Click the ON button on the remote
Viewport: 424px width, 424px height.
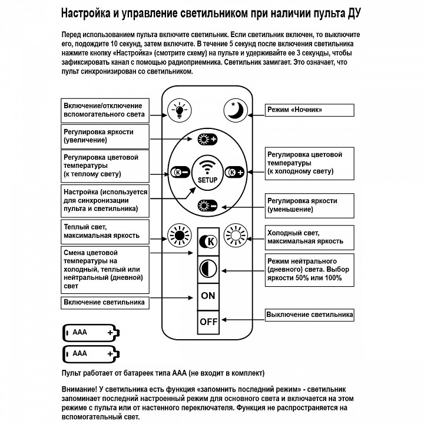(x=208, y=295)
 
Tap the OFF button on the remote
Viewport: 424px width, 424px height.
(x=208, y=322)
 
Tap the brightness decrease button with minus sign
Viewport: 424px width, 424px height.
(x=207, y=205)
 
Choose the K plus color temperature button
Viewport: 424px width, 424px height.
(x=235, y=173)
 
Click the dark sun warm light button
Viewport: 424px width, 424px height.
(x=178, y=235)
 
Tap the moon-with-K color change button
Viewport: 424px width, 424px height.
(x=208, y=241)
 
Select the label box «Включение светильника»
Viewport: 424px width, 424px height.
(x=104, y=303)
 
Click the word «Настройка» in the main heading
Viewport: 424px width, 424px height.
(x=90, y=12)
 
